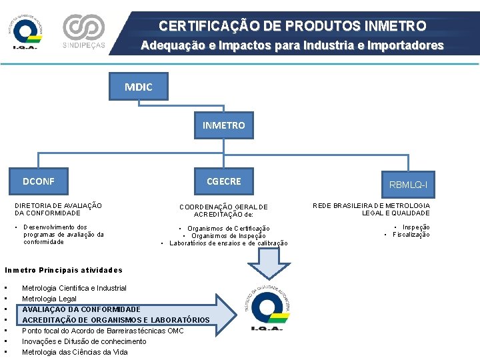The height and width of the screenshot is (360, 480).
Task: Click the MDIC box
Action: point(138,87)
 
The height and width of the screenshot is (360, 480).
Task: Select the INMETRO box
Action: point(224,125)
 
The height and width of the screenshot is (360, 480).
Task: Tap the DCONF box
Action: point(39,181)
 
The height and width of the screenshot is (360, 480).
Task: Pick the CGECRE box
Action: point(224,181)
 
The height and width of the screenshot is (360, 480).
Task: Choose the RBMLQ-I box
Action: point(408,184)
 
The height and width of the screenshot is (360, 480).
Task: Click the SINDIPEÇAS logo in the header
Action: point(83,31)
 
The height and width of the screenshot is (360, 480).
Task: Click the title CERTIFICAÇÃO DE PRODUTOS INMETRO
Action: point(292,27)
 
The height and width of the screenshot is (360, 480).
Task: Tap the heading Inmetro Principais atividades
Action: point(63,270)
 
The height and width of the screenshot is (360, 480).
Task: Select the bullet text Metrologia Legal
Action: point(49,299)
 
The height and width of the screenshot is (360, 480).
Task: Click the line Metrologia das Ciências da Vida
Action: point(75,352)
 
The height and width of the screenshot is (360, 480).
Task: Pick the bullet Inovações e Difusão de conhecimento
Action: point(84,341)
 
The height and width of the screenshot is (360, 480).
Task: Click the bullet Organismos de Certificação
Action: point(229,229)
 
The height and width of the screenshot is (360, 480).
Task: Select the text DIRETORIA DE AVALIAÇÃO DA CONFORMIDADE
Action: point(58,209)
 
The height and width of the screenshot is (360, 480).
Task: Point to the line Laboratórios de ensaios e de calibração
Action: point(229,243)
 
